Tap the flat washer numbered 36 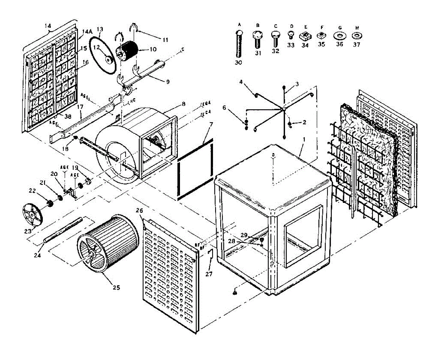(339, 36)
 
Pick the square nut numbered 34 (305, 36)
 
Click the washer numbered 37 (356, 36)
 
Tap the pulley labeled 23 (32, 214)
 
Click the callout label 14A (87, 32)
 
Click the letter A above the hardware (240, 24)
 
